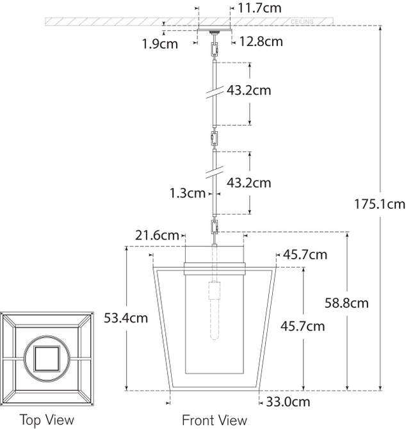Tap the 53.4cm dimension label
[126, 317]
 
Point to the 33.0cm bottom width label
[288, 402]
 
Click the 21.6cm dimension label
[157, 236]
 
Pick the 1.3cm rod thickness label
[188, 192]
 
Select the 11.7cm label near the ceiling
[260, 8]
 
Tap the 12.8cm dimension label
[261, 42]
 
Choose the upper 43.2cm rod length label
[248, 90]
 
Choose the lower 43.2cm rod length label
[248, 183]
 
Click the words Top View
[47, 420]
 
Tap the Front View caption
[215, 420]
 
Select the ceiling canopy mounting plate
[213, 31]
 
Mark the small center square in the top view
[47, 354]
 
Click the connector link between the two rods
[213, 138]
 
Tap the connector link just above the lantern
[213, 226]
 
